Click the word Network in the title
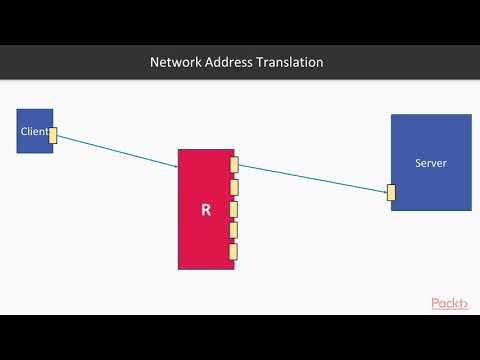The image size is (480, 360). tap(174, 62)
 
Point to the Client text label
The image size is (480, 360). tap(34, 131)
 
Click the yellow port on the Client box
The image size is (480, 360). tap(53, 135)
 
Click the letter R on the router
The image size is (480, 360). tap(206, 210)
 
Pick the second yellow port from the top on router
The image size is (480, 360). tap(234, 187)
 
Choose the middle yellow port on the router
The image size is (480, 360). tap(234, 209)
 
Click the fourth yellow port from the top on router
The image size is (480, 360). tap(234, 230)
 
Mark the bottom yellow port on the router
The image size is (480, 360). tap(234, 251)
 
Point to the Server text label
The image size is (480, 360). tap(431, 163)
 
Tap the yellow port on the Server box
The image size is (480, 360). tap(392, 192)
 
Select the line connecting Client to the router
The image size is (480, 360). tap(118, 151)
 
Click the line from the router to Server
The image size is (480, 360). tap(312, 178)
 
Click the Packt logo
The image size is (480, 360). tap(449, 303)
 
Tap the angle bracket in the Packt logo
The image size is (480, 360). tap(464, 304)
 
